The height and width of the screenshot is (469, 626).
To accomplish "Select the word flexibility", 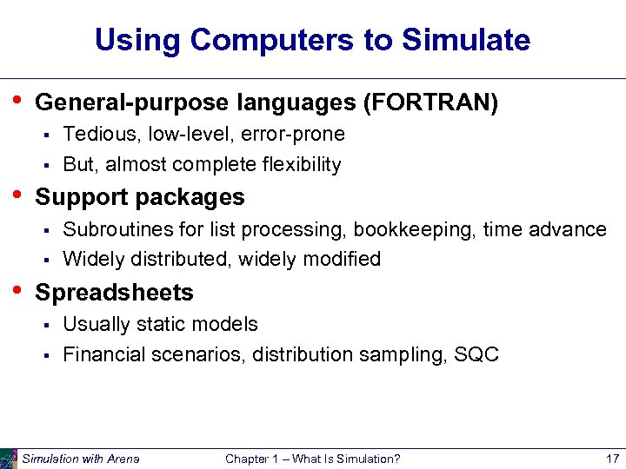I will pyautogui.click(x=299, y=164).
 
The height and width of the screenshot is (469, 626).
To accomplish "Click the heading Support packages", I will pyautogui.click(x=139, y=197).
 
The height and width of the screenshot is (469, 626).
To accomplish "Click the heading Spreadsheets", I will pyautogui.click(x=114, y=293).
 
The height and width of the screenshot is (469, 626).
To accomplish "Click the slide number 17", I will pyautogui.click(x=611, y=459).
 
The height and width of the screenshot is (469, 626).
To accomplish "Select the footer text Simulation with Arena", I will pyautogui.click(x=80, y=459).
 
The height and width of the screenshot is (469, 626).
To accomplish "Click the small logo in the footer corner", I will pyautogui.click(x=9, y=459).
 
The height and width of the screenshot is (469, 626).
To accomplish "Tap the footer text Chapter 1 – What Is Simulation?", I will pyautogui.click(x=312, y=459).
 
